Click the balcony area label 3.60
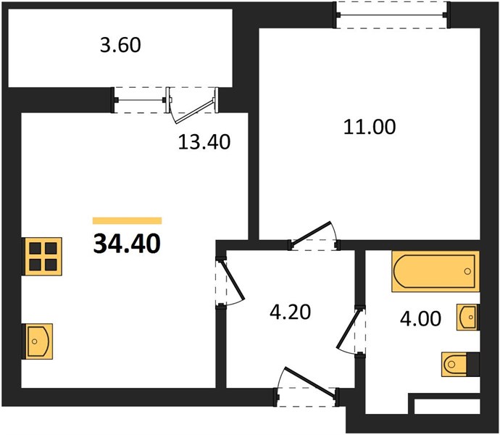[120, 46]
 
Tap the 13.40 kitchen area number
[204, 142]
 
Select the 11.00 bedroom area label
[370, 127]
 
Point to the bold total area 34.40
[127, 244]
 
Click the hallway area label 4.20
[290, 312]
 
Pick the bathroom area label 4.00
[420, 319]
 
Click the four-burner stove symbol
[42, 256]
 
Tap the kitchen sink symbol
[38, 341]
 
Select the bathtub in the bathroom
[436, 271]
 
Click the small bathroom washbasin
[468, 317]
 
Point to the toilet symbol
[460, 364]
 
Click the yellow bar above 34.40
[128, 220]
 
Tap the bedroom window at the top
[392, 14]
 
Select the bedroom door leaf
[310, 235]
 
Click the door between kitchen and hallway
[232, 281]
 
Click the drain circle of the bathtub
[467, 271]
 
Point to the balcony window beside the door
[140, 100]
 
